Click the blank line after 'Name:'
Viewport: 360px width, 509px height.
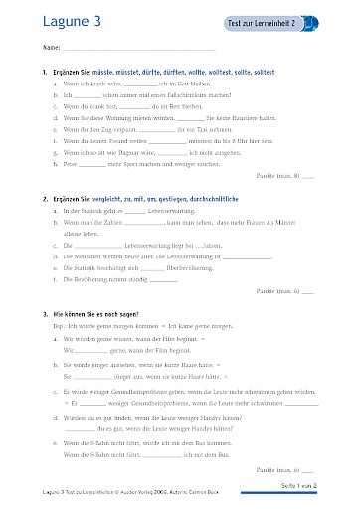pyautogui.click(x=138, y=48)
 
